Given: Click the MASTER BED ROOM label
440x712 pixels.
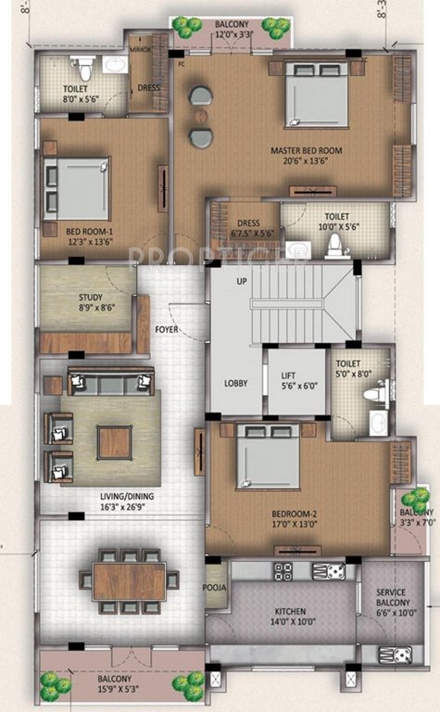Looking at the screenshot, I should pyautogui.click(x=307, y=154).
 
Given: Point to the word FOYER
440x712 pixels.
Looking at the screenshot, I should pyautogui.click(x=167, y=327).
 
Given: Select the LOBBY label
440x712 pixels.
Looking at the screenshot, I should pyautogui.click(x=233, y=381).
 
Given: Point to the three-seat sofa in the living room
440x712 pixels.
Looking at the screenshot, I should pyautogui.click(x=109, y=382).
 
